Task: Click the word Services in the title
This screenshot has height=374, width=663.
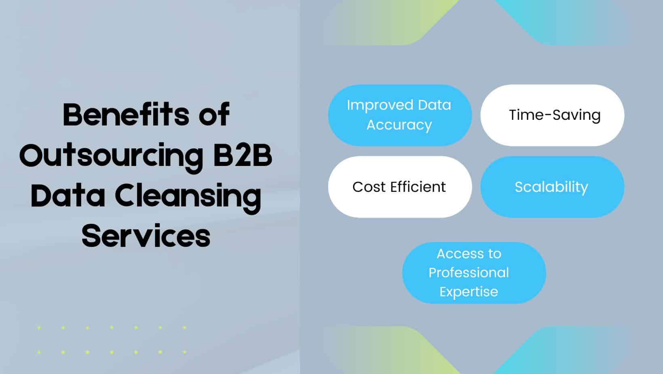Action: pos(146,236)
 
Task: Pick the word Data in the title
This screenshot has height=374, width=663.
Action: pos(68,195)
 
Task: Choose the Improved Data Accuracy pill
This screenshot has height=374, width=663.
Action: pos(399,115)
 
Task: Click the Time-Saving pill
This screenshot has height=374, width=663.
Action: pos(552,115)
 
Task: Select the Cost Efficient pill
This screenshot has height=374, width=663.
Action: pos(399,187)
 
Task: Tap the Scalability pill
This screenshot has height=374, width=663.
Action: pos(552,187)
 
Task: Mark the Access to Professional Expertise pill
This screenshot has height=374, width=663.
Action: pos(474,272)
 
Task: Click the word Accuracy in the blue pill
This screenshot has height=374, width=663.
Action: pos(399,125)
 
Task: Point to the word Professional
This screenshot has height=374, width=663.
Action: pos(469,272)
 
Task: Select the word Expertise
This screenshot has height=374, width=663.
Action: pos(469,291)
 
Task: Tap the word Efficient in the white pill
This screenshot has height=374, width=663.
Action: pos(418,187)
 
